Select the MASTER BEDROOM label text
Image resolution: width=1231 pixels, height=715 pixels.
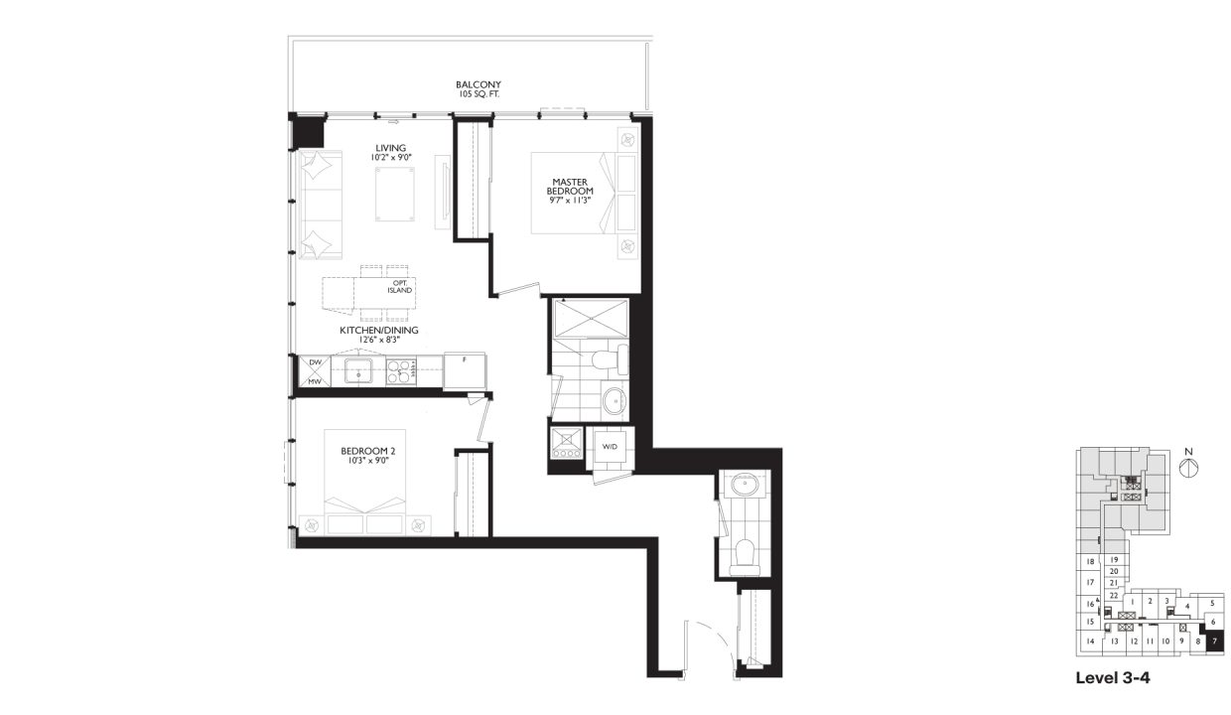click(x=574, y=185)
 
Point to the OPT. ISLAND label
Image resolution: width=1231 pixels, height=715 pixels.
click(x=399, y=286)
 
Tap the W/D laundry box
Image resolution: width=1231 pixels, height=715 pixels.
click(x=610, y=446)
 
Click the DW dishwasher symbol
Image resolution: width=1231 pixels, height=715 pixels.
click(x=314, y=363)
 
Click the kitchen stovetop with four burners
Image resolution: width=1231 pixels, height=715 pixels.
click(x=400, y=371)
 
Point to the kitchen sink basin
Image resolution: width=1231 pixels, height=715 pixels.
click(x=357, y=372)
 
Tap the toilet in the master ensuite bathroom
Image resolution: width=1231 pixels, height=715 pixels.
click(x=601, y=357)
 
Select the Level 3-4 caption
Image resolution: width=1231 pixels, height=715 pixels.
click(x=1112, y=679)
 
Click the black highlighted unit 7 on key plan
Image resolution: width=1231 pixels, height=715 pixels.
click(x=1214, y=642)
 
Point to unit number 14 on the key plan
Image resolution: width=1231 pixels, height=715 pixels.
click(x=1089, y=642)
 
